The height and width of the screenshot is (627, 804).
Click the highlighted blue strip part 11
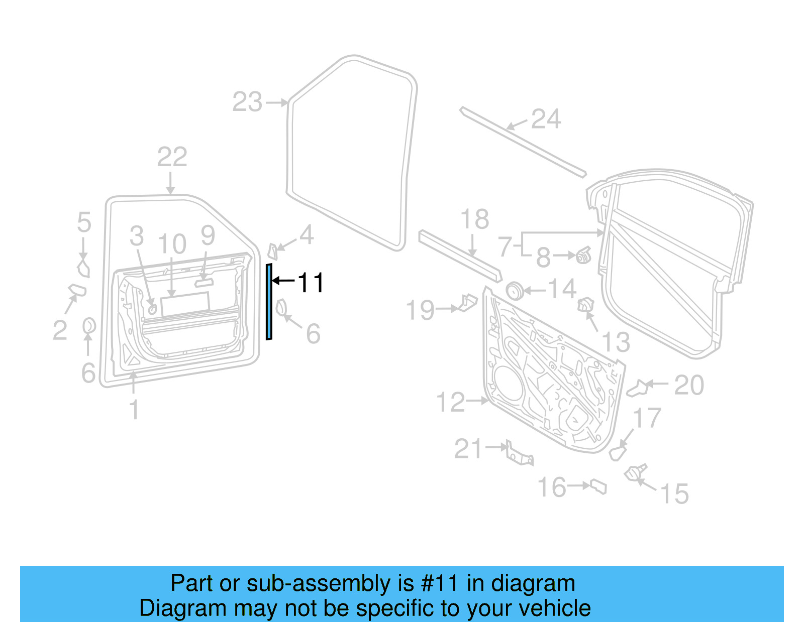269,301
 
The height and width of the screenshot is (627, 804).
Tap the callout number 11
311,283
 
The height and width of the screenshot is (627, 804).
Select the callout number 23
247,102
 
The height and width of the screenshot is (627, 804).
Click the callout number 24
546,119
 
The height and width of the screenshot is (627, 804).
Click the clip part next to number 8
583,256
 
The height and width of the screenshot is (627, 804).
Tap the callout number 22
172,157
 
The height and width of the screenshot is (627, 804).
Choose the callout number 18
474,219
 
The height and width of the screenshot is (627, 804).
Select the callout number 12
451,402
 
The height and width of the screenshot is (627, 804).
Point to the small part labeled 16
598,486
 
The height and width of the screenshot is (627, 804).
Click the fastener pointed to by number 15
635,473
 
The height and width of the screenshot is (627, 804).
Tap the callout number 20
689,386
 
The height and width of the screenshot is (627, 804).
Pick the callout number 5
84,222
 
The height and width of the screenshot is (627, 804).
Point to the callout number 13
616,342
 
